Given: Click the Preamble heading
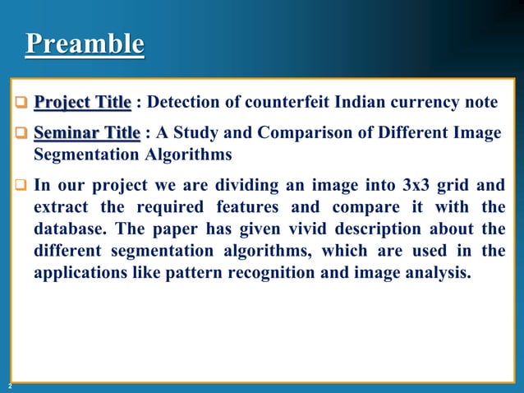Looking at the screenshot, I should [85, 44].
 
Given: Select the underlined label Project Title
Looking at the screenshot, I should [82, 103].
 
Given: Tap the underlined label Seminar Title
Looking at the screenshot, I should [86, 133].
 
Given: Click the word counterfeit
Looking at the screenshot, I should [284, 103].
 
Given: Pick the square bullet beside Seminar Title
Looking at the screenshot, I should [22, 134].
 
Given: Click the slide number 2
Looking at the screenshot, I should [10, 385].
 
